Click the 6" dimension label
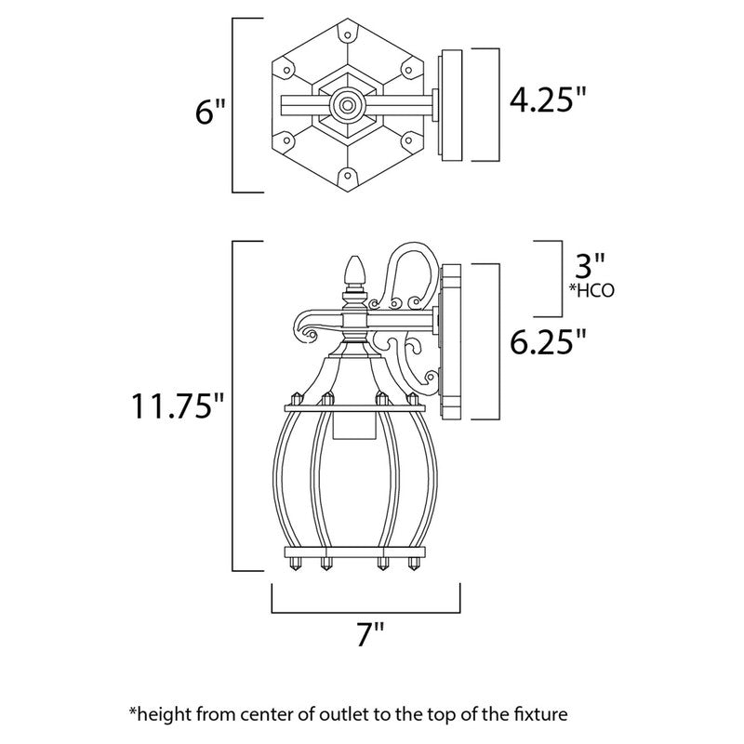210,115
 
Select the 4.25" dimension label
549,100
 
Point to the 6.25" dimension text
549,343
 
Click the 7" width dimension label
370,637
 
